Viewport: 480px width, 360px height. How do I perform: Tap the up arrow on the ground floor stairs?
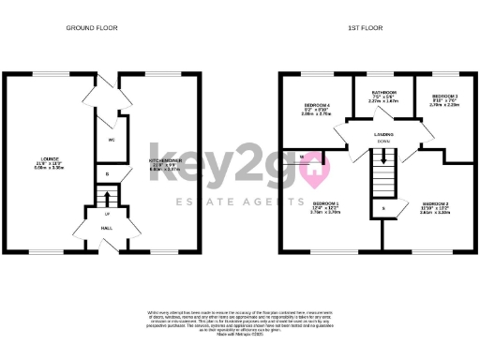[x=106, y=198]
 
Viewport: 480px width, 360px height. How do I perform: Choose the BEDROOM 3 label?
[x=442, y=97]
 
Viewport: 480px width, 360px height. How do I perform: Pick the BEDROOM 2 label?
[x=435, y=203]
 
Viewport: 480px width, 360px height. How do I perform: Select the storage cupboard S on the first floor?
[x=382, y=207]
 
